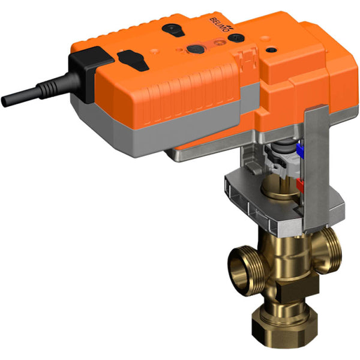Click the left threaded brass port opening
pyautogui.click(x=239, y=263)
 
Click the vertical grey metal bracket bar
pyautogui.click(x=316, y=168)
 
